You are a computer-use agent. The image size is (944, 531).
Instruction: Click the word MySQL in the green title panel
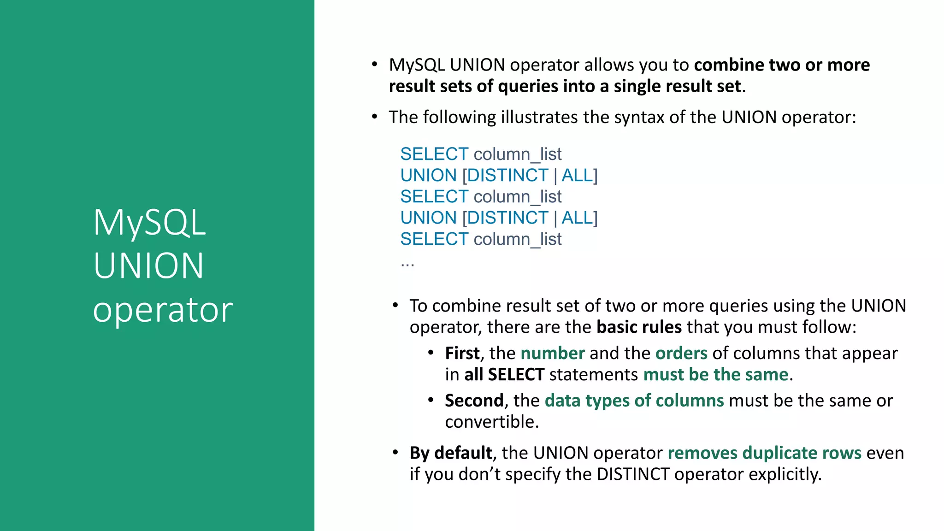coord(149,223)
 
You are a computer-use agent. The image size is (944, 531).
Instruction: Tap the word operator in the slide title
coord(163,309)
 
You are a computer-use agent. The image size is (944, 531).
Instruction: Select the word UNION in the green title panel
coord(148,266)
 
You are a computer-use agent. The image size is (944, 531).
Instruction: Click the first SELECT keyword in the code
coord(434,154)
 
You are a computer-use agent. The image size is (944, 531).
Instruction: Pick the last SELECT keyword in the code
coord(434,239)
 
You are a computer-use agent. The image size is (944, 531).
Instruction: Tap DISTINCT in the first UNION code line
coord(508,176)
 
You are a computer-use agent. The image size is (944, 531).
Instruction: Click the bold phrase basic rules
coord(639,327)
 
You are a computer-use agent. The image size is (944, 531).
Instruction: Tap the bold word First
coord(462,354)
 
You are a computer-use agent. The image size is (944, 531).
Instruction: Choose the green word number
coord(553,354)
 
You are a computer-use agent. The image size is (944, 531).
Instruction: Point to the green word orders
coord(681,354)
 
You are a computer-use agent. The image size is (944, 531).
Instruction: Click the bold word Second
coord(474,401)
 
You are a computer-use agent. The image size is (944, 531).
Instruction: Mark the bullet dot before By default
coord(395,452)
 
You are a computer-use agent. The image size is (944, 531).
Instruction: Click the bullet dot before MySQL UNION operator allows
coord(375,64)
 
